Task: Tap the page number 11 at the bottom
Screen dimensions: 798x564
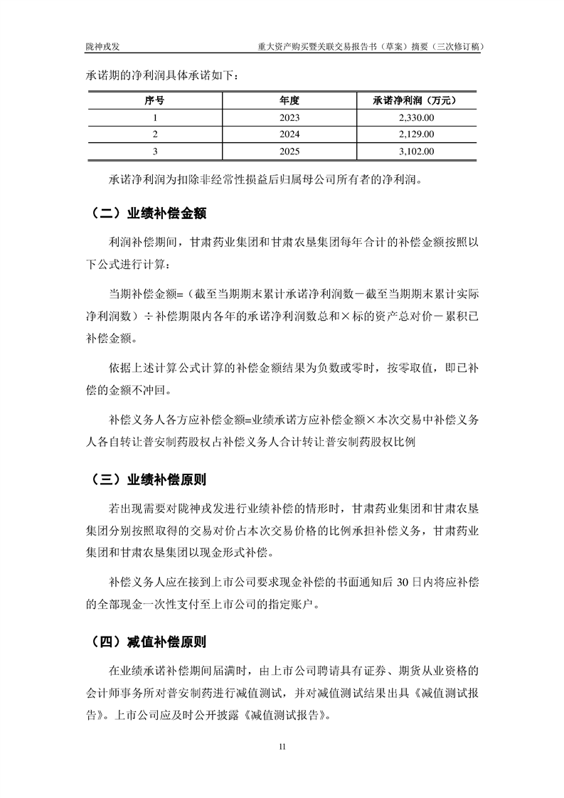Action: click(282, 746)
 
